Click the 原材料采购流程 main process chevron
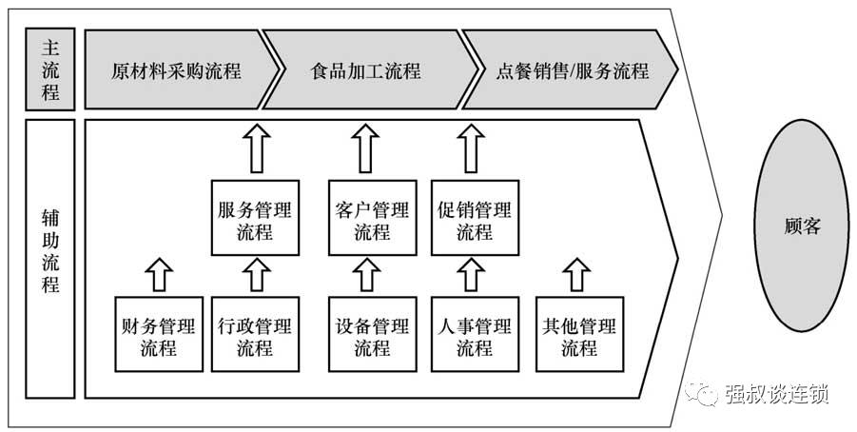177,71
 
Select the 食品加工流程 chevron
365,71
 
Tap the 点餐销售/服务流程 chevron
572,71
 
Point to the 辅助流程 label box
49,258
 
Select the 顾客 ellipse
802,226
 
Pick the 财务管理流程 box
159,335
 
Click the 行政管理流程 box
254,335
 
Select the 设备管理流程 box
372,335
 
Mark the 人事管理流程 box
475,335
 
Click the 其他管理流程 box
578,335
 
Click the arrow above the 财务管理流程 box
159,274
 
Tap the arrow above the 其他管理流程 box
578,274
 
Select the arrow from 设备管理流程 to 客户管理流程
372,275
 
